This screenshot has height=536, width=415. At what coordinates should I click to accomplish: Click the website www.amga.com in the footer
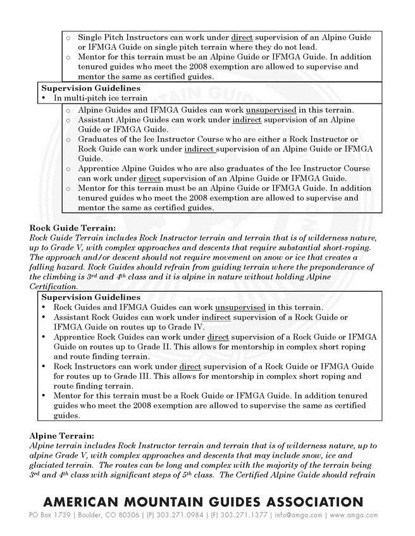[x=354, y=515]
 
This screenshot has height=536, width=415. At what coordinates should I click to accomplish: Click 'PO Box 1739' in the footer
[x=50, y=515]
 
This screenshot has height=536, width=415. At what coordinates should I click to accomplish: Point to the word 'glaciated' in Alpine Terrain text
[x=50, y=465]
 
